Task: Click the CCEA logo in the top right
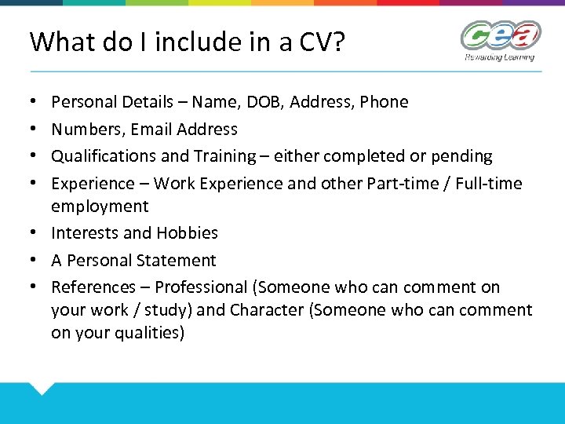coord(500,37)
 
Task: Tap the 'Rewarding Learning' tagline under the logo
coord(499,57)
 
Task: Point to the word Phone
coord(384,102)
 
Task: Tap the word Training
coord(222,156)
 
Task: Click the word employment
coord(100,206)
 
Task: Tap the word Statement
coord(180,260)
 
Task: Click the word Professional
coord(201,287)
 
